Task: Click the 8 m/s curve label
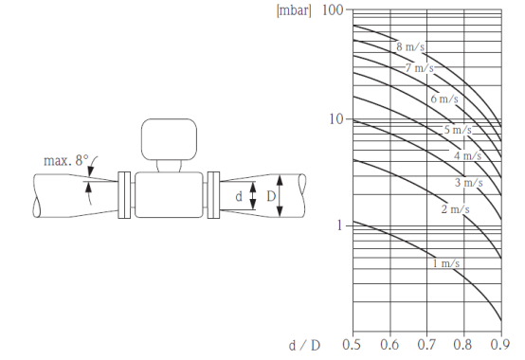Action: pyautogui.click(x=410, y=46)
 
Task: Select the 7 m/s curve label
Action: pyautogui.click(x=419, y=68)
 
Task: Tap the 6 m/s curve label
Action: pyautogui.click(x=444, y=99)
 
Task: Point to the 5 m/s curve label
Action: pyautogui.click(x=458, y=130)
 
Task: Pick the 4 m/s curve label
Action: pyautogui.click(x=468, y=155)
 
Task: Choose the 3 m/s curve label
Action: pyautogui.click(x=469, y=182)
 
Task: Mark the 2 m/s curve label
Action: pyautogui.click(x=456, y=209)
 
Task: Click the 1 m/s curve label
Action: pyautogui.click(x=446, y=263)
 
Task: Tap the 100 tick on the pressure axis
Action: pyautogui.click(x=333, y=10)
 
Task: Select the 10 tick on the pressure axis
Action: pyautogui.click(x=336, y=118)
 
